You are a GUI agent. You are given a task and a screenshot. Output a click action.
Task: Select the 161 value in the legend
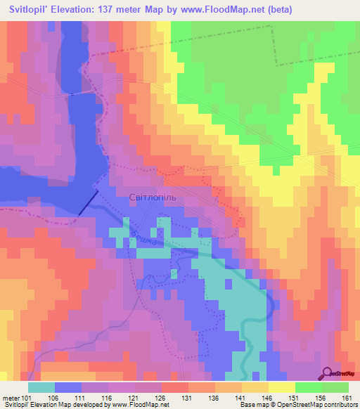click(x=346, y=396)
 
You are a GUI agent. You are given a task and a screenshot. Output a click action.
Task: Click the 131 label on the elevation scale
click(x=187, y=396)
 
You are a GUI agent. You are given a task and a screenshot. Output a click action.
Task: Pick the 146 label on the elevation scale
click(x=266, y=396)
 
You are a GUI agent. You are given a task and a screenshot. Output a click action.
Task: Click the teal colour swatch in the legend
click(x=41, y=387)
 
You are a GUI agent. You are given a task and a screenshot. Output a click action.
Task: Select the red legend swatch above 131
click(x=174, y=387)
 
